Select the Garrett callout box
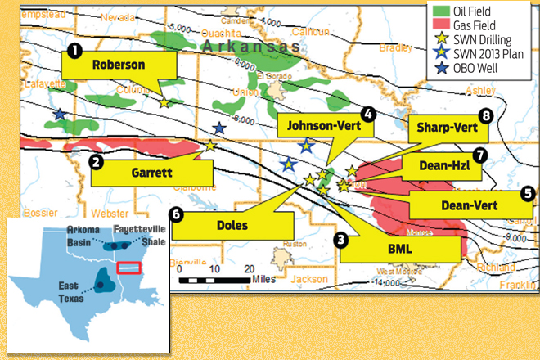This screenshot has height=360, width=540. tap(152, 173)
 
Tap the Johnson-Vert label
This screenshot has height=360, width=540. tap(326, 127)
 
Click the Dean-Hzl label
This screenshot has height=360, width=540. tap(442, 166)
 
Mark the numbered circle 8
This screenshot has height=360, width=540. tap(486, 116)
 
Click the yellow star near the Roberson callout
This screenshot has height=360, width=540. tap(164, 103)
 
